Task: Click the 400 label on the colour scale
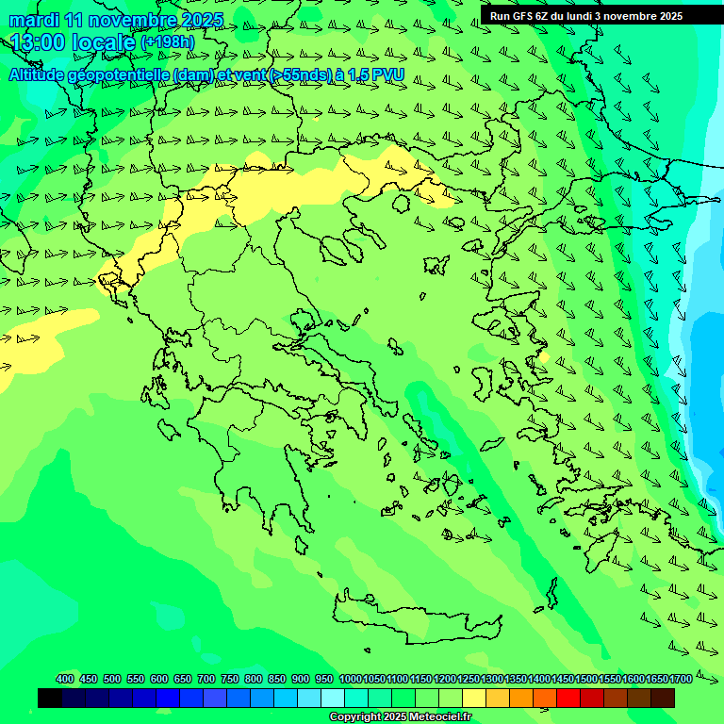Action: (x=65, y=679)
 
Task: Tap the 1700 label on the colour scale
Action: (x=681, y=679)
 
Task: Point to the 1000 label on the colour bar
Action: (x=351, y=679)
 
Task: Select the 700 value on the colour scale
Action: (x=206, y=679)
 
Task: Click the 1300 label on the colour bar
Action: (x=492, y=679)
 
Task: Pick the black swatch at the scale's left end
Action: (x=50, y=698)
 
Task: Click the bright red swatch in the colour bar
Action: (x=568, y=698)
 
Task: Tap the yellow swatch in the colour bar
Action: (x=474, y=698)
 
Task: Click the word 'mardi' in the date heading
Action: (x=34, y=20)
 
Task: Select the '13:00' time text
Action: (x=40, y=42)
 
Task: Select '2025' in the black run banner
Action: (x=671, y=16)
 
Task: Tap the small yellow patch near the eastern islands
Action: (x=543, y=357)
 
